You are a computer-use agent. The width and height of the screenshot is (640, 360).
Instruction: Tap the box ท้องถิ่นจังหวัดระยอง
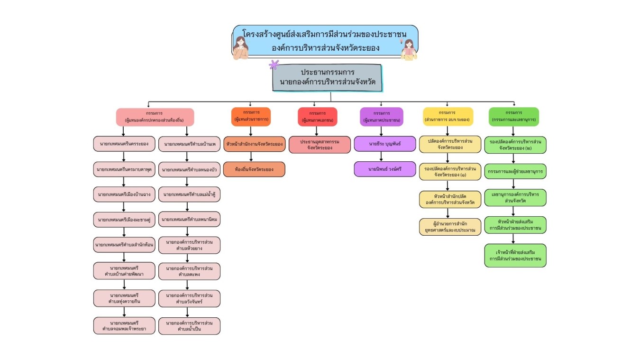click(x=254, y=169)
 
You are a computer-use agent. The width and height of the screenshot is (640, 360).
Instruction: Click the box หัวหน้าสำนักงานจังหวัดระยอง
click(x=254, y=144)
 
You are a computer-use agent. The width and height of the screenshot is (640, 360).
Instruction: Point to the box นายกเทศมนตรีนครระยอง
click(x=124, y=144)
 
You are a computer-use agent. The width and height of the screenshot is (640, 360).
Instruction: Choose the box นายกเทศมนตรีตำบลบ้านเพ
click(x=189, y=144)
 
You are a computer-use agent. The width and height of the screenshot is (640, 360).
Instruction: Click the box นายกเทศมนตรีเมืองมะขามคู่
click(x=124, y=220)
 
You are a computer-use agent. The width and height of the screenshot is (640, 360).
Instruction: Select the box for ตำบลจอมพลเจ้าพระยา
click(x=124, y=325)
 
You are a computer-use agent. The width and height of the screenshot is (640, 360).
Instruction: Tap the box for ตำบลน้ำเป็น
click(x=189, y=326)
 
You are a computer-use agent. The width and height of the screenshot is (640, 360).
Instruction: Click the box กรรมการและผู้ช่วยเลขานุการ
click(x=515, y=171)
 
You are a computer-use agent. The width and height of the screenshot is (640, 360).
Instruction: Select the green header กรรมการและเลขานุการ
click(x=514, y=116)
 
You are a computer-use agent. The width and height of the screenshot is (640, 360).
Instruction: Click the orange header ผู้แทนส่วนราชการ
click(x=251, y=116)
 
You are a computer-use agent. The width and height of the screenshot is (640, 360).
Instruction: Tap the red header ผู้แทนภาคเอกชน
click(x=317, y=117)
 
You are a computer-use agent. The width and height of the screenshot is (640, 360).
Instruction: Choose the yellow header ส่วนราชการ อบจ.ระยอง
click(x=448, y=116)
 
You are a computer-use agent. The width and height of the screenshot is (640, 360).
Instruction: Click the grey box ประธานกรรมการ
click(x=327, y=78)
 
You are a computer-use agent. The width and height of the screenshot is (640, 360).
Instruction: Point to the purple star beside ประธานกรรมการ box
click(x=274, y=65)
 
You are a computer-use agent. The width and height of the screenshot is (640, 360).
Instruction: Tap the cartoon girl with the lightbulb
click(x=408, y=49)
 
